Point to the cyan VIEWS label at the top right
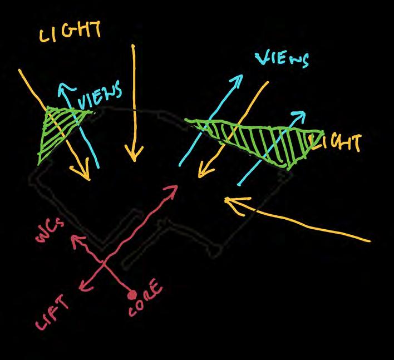pyautogui.click(x=283, y=59)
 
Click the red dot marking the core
pyautogui.click(x=132, y=293)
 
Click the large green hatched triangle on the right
pyautogui.click(x=262, y=138)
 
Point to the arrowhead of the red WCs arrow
pyautogui.click(x=73, y=239)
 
